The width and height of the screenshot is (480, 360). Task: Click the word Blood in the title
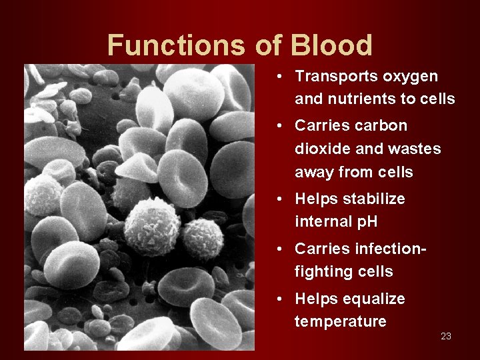[331, 45]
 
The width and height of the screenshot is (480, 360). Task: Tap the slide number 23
[446, 336]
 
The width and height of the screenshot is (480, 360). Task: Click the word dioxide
[321, 149]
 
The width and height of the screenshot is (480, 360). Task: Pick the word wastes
[415, 149]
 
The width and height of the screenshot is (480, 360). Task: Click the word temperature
[340, 321]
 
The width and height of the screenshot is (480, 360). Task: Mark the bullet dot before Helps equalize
[283, 299]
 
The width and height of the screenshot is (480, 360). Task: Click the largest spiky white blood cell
[152, 227]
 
